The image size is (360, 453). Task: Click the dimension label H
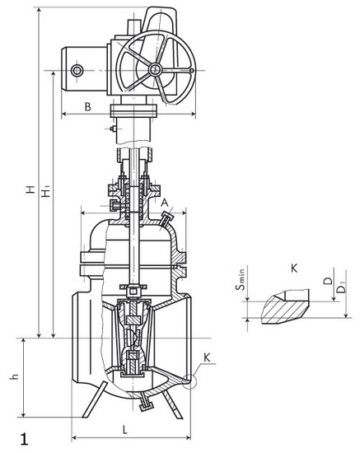(31, 189)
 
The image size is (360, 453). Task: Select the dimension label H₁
(46, 189)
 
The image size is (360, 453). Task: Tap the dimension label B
(88, 106)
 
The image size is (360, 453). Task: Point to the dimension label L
(124, 430)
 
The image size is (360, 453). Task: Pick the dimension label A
(165, 203)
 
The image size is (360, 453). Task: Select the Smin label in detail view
(240, 279)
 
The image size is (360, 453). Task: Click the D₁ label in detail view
(342, 287)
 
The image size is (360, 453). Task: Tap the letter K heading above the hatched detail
(294, 269)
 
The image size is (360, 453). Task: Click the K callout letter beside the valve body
(207, 357)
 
